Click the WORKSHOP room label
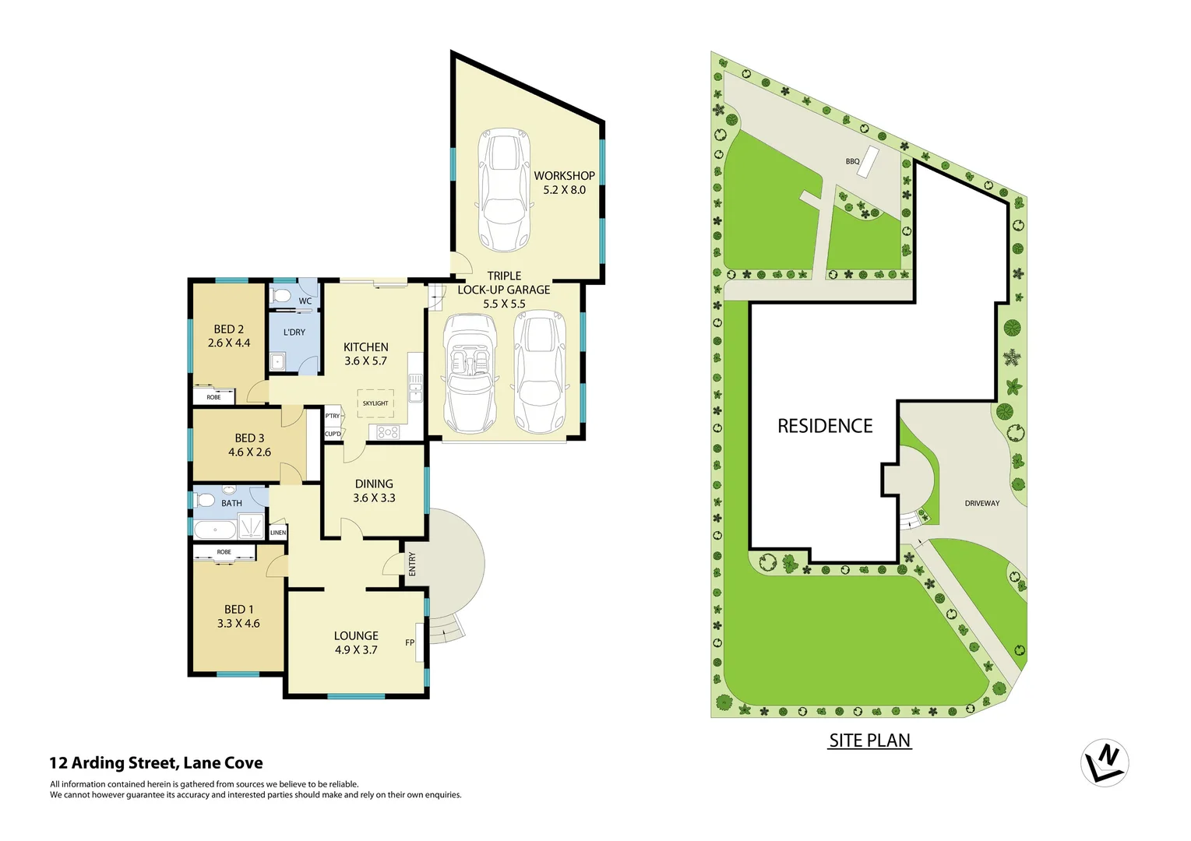[564, 176]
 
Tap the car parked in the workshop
[505, 189]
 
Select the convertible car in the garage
[470, 373]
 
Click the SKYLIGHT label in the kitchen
[375, 403]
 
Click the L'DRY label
[294, 333]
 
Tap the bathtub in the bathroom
[215, 530]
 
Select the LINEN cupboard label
[278, 533]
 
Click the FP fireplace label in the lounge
[410, 642]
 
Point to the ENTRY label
[412, 564]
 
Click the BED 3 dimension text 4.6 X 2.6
[249, 452]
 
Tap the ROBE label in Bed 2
[213, 397]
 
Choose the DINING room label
[374, 484]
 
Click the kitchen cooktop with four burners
[388, 431]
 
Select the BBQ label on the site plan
[853, 162]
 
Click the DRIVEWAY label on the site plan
[982, 504]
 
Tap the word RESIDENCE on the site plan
[825, 426]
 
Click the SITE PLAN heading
[869, 741]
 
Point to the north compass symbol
[1105, 762]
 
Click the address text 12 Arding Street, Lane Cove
[156, 763]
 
